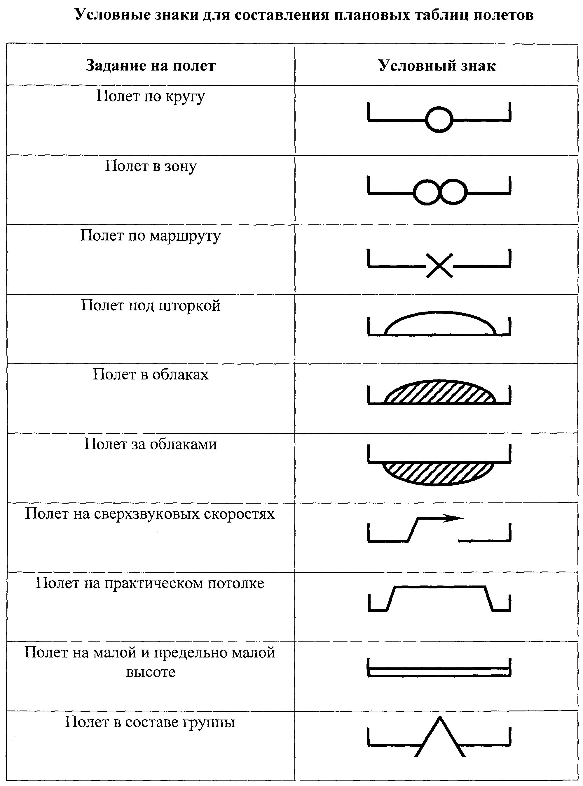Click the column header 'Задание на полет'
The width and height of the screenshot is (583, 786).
pos(150,66)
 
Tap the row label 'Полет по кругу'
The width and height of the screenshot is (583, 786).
pos(150,96)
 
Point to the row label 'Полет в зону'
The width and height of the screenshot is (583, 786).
pos(150,166)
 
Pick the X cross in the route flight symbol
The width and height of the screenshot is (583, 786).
pos(439,265)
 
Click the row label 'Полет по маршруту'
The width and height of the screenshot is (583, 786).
pos(150,236)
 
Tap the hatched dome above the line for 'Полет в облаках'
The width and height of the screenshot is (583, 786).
pos(440,392)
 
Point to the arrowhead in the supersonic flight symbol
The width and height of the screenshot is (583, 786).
pos(454,518)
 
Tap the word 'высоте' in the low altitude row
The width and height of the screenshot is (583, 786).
pos(151,672)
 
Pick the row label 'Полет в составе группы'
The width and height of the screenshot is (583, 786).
pos(150,722)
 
